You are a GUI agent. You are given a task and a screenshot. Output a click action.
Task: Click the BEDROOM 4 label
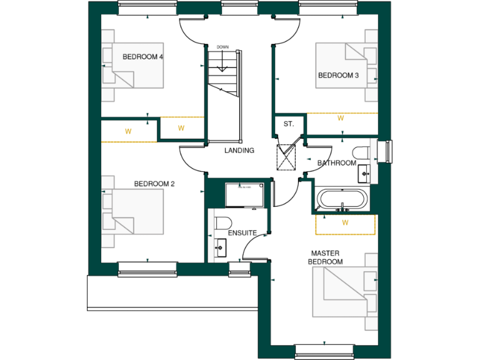pyautogui.click(x=142, y=57)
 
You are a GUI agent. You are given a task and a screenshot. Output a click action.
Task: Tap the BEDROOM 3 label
pyautogui.click(x=338, y=76)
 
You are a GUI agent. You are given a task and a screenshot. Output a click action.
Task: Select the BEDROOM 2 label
pyautogui.click(x=154, y=184)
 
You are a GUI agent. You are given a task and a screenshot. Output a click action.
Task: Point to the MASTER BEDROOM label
pyautogui.click(x=326, y=257)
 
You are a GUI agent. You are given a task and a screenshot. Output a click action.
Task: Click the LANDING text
pyautogui.click(x=239, y=151)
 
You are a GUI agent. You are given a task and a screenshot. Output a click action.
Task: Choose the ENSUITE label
pyautogui.click(x=242, y=232)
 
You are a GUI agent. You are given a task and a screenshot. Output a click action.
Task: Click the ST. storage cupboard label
pyautogui.click(x=288, y=124)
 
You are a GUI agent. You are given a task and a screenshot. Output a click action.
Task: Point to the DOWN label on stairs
pyautogui.click(x=222, y=47)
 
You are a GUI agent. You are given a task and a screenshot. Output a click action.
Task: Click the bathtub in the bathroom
pyautogui.click(x=342, y=200)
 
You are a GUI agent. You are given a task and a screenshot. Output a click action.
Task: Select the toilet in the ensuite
pyautogui.click(x=223, y=222)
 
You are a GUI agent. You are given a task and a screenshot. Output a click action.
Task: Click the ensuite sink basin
pyautogui.click(x=220, y=248)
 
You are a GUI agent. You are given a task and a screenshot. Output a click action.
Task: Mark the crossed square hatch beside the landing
pyautogui.click(x=287, y=157)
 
